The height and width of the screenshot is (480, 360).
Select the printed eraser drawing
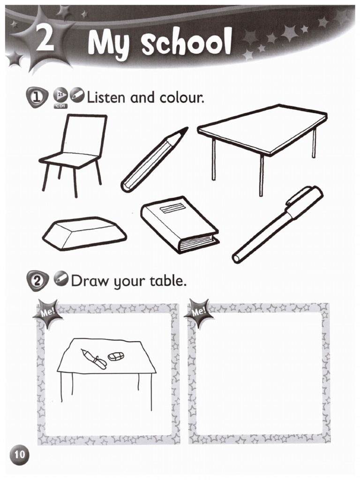click(x=84, y=233)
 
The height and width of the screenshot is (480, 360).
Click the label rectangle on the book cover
click(x=173, y=210)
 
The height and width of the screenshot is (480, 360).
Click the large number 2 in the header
click(x=45, y=38)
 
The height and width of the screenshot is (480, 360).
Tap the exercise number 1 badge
click(x=37, y=97)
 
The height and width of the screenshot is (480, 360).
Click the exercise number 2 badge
click(x=37, y=281)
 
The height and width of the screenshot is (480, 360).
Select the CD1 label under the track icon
click(x=60, y=106)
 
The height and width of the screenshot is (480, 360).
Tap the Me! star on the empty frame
click(x=199, y=312)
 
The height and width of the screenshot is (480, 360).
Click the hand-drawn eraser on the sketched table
click(x=116, y=356)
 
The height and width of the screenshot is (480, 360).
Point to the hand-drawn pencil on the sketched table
click(x=94, y=359)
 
